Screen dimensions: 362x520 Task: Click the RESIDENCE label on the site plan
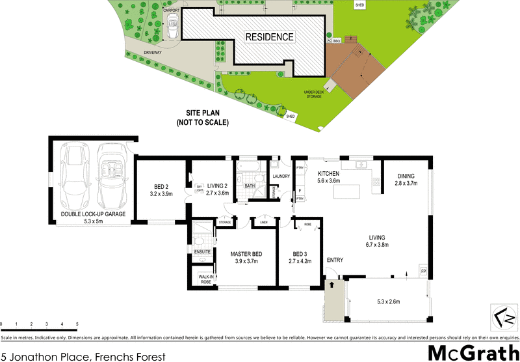point(269,37)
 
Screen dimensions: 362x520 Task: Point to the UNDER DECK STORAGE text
point(314,94)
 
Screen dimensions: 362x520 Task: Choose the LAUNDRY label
point(281,176)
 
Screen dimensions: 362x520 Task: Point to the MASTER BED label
point(246,253)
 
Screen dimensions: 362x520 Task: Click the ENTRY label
point(335,260)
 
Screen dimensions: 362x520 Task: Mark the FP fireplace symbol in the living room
point(423,271)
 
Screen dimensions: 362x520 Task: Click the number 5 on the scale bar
point(77,324)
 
